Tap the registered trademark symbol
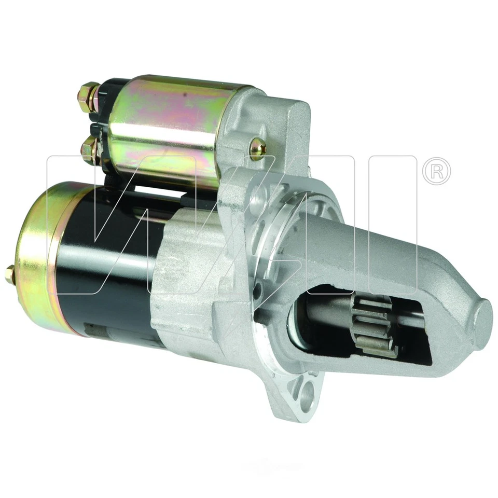point(436,171)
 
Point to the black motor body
point(114,270)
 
